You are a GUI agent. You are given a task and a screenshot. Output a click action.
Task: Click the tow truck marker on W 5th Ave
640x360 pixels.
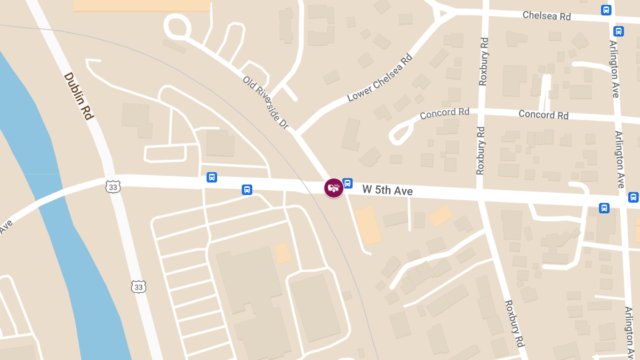(x=334, y=188)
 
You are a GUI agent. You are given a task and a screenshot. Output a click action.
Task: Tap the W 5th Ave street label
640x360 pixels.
(x=387, y=190)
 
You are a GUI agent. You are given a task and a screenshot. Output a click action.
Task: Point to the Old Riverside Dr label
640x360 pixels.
(x=266, y=103)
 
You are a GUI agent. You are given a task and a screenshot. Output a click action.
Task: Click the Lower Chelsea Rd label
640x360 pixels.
(x=380, y=78)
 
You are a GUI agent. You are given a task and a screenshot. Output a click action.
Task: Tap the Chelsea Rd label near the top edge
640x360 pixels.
(x=547, y=15)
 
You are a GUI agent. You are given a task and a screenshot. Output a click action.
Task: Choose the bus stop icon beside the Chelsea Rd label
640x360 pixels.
(x=606, y=10)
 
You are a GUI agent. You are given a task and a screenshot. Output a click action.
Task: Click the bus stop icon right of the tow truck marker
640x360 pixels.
(x=348, y=183)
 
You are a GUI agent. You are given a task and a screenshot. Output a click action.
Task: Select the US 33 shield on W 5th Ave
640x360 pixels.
(x=113, y=186)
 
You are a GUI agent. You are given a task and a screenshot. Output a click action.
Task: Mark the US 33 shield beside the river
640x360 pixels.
(x=139, y=286)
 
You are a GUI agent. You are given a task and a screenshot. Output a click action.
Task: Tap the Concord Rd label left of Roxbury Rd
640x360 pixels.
(x=444, y=113)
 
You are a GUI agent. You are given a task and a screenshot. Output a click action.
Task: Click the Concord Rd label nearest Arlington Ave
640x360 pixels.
(x=543, y=115)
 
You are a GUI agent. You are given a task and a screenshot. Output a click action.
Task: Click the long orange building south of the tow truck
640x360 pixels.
(x=367, y=226)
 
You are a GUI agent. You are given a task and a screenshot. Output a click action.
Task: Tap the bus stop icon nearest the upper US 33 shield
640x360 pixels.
(x=212, y=177)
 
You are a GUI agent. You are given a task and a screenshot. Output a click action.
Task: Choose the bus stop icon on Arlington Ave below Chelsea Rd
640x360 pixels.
(x=619, y=31)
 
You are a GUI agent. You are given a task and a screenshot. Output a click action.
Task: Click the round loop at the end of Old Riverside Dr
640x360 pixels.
(x=178, y=26)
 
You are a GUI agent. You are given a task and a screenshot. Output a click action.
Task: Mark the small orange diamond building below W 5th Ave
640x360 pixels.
(x=441, y=216)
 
